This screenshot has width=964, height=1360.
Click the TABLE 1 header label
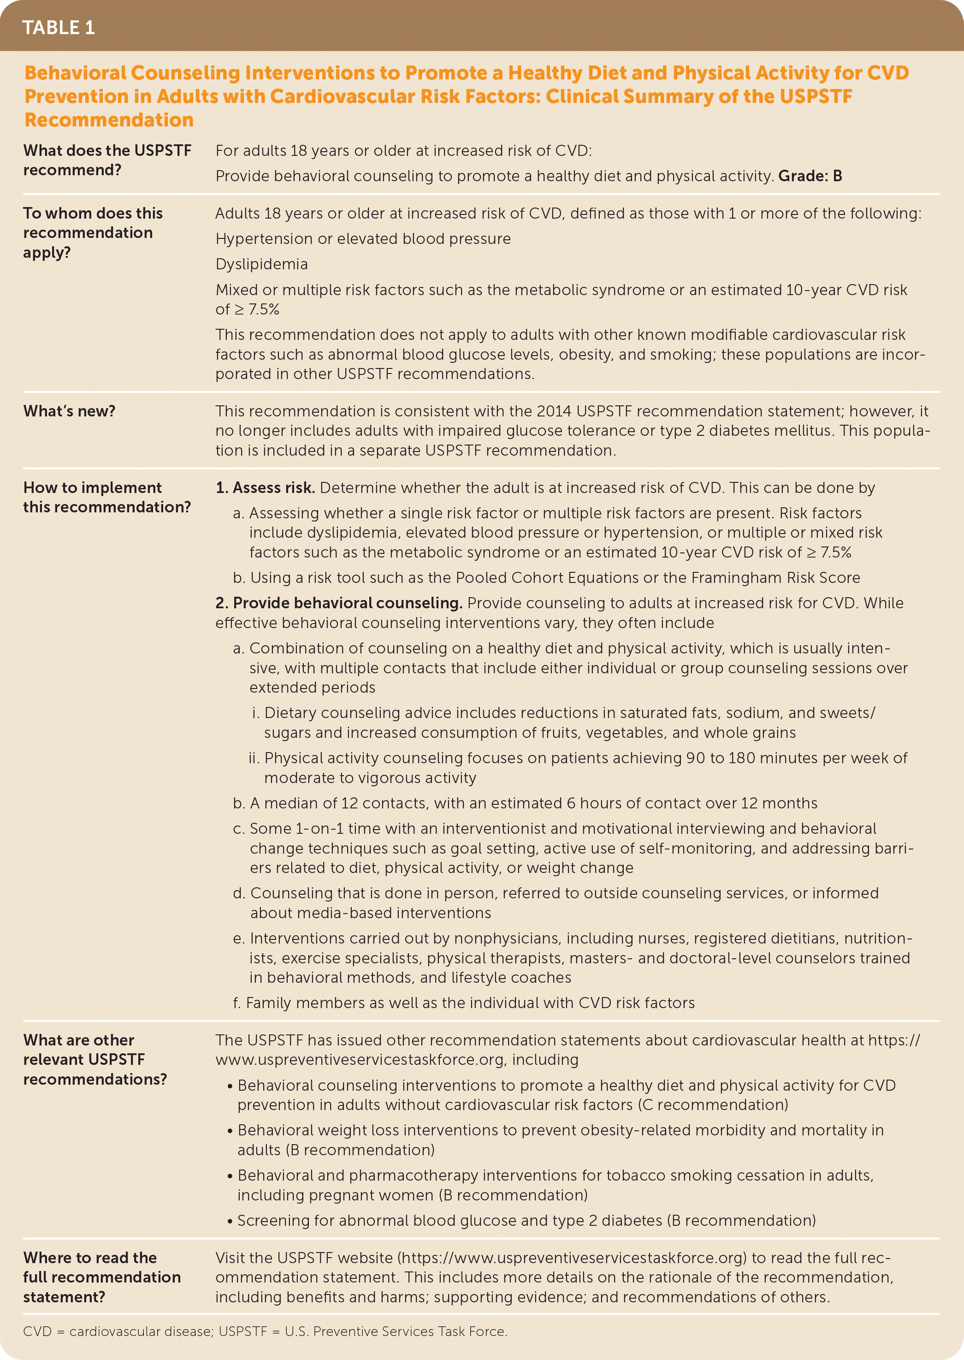point(58,28)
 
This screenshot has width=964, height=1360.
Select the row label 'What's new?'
point(70,411)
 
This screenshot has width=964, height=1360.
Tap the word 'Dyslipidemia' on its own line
point(261,264)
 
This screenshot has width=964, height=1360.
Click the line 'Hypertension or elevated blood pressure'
point(363,238)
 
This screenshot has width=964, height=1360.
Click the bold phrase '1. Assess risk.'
point(265,487)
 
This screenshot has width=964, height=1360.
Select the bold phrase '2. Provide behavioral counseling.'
point(338,603)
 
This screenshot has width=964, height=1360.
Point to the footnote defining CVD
point(265,1331)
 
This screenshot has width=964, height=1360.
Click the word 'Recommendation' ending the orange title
point(109,120)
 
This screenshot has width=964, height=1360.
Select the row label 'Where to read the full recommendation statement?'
point(101,1277)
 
